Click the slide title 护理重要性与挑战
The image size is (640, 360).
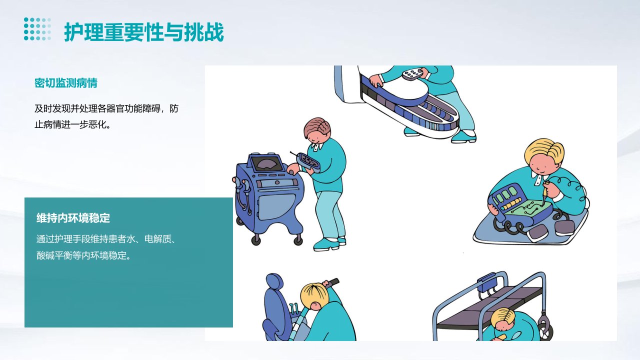143,32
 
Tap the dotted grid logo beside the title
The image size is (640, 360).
37,29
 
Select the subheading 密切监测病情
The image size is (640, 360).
66,83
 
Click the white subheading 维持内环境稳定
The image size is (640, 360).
73,218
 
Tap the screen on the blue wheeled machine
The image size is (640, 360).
266,163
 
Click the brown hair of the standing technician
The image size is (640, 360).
317,127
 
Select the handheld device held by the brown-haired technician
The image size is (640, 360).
308,162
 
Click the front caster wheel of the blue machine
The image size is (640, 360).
255,239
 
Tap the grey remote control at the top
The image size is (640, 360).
413,73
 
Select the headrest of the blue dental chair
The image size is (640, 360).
274,282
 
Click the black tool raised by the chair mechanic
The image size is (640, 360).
333,283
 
